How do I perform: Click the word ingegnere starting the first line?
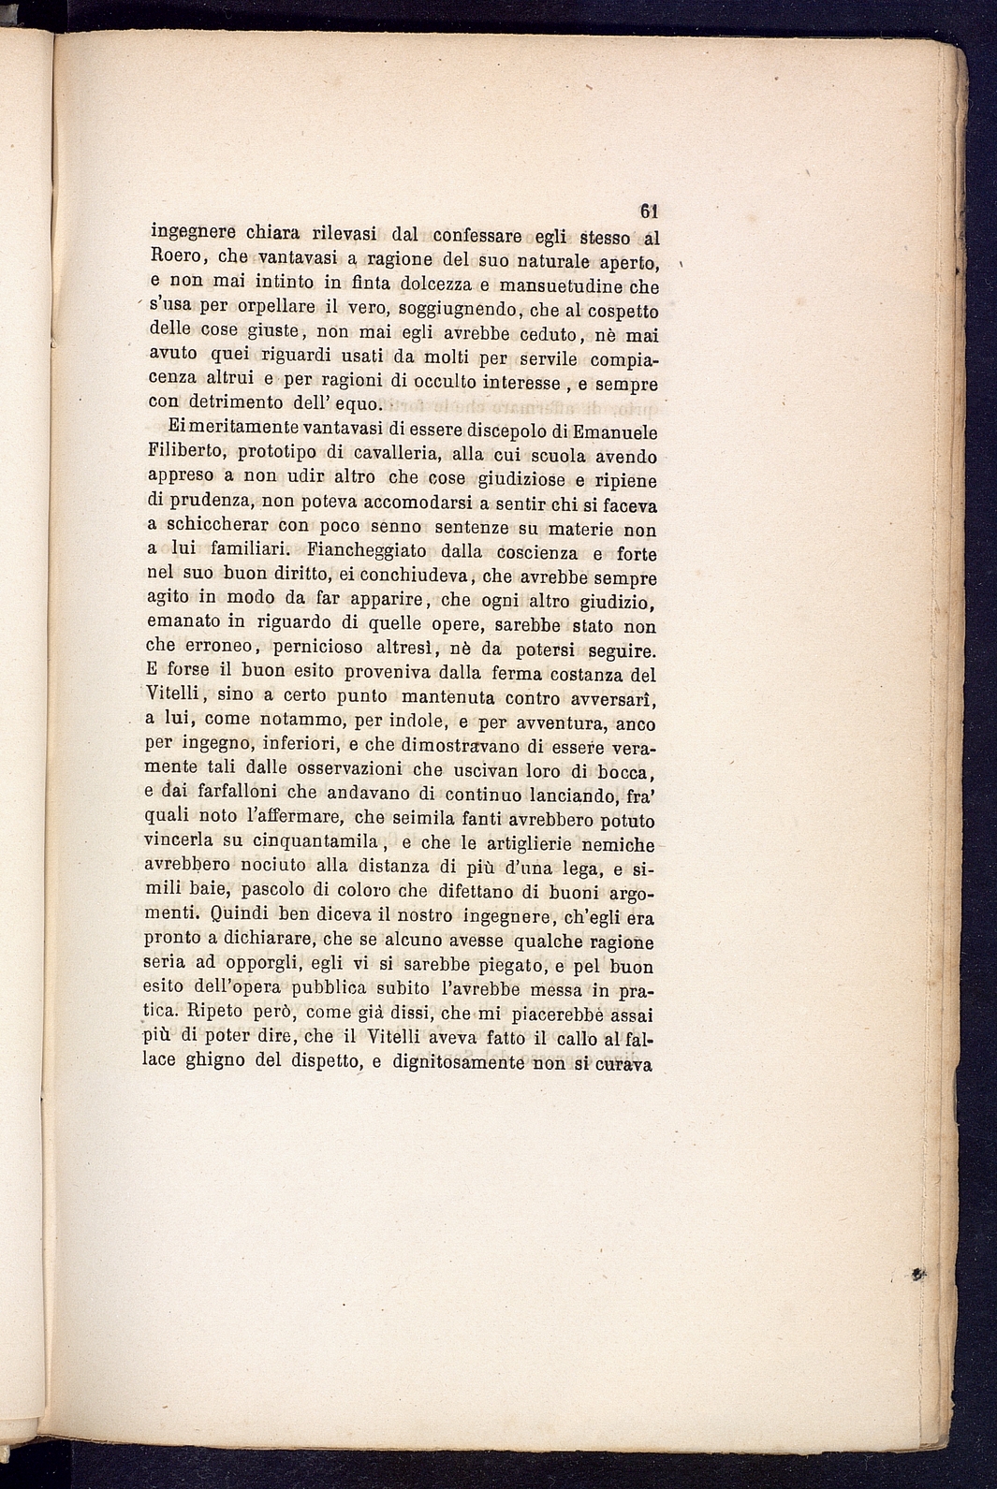pos(192,234)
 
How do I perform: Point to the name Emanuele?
pos(615,432)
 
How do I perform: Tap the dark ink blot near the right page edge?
pos(919,1274)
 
